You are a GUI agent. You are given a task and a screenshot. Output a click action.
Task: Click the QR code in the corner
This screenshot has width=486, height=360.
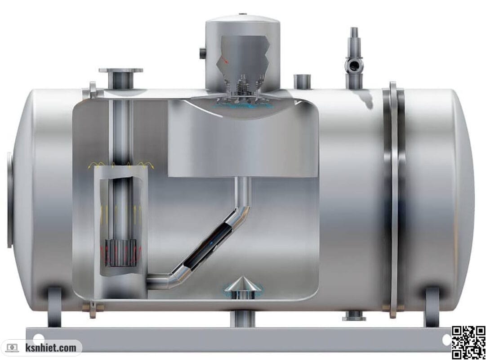tap(468, 342)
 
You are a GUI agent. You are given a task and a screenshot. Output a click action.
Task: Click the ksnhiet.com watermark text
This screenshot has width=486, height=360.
tap(51, 347)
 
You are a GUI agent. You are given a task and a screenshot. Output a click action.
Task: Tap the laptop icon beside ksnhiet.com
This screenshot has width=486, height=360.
tap(13, 347)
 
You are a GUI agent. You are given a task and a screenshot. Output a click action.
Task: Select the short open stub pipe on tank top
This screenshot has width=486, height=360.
tap(302, 81)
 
